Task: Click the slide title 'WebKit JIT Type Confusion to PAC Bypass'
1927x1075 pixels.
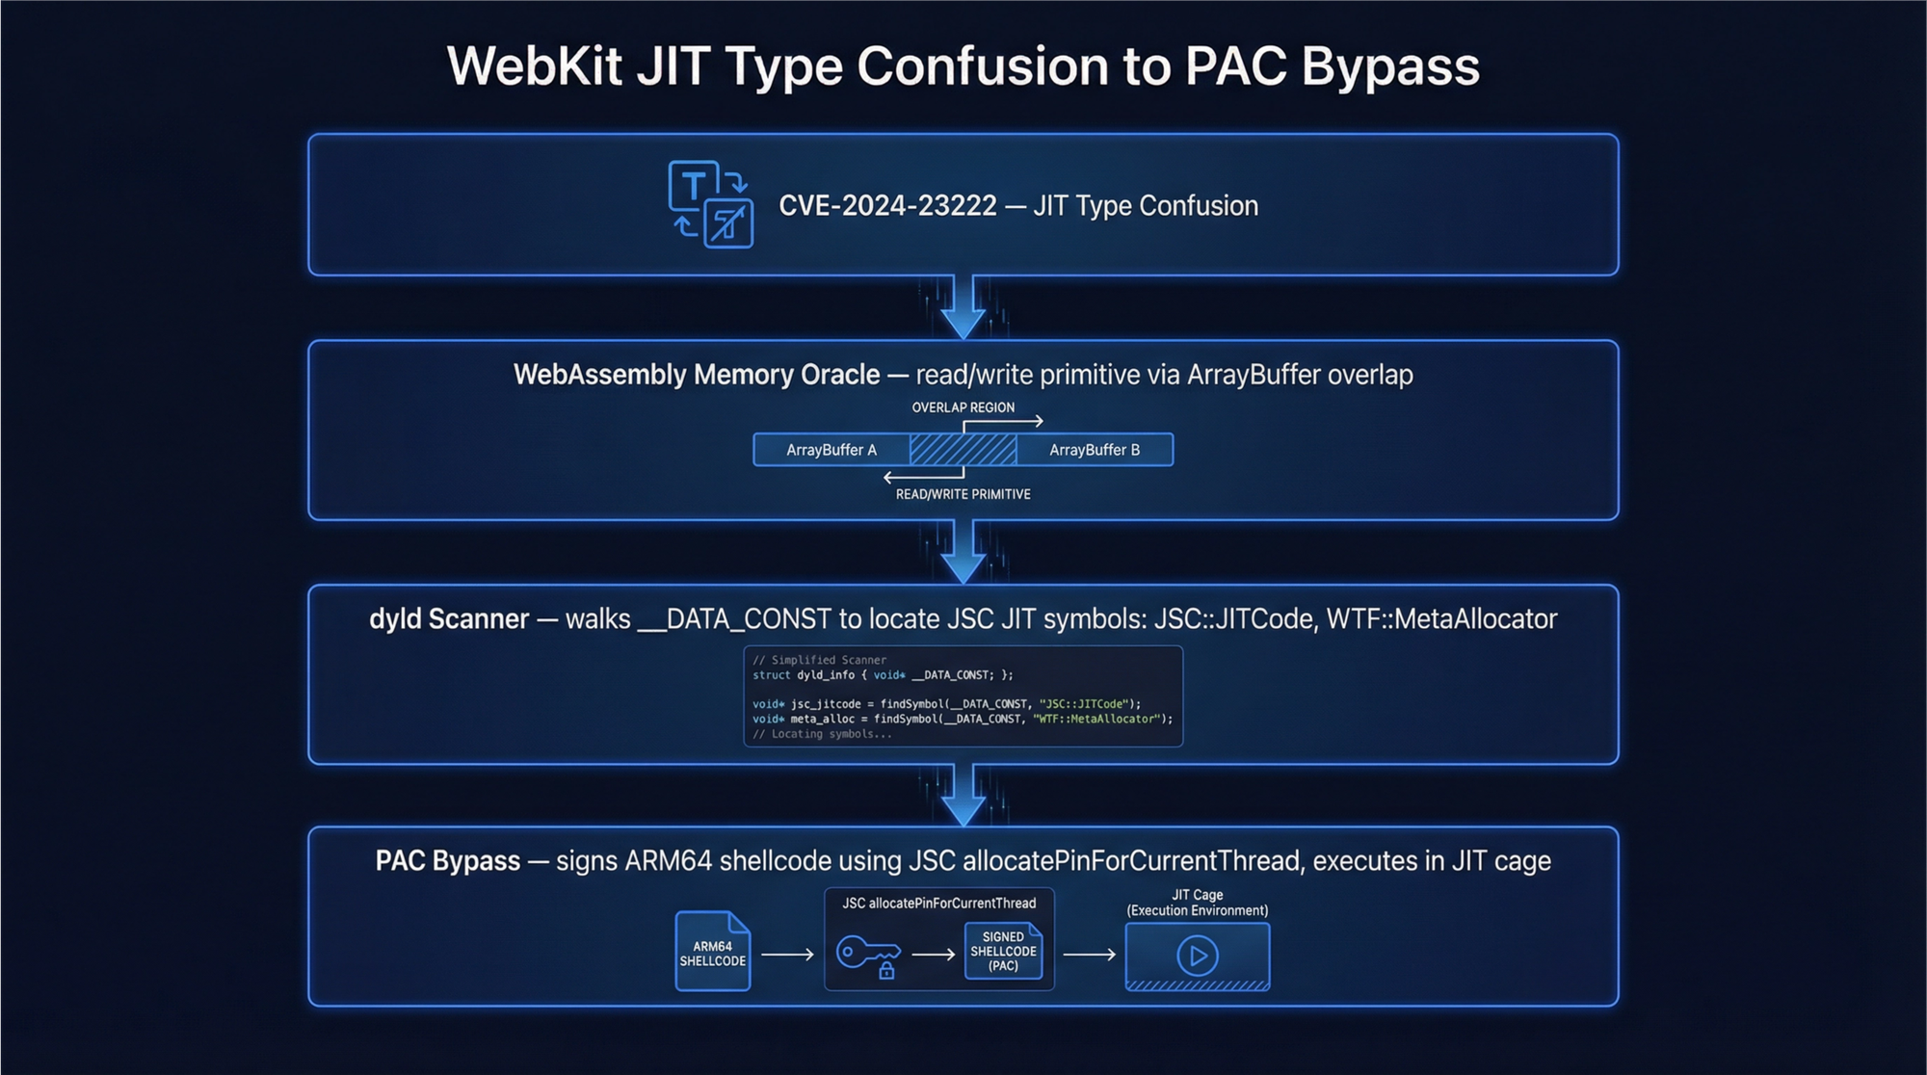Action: (x=963, y=66)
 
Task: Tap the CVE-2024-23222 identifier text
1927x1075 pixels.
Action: (x=887, y=206)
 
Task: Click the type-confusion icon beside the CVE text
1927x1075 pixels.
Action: (x=711, y=204)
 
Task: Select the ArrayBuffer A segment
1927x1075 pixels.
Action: (x=831, y=450)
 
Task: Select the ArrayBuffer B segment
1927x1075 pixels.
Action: (x=1095, y=450)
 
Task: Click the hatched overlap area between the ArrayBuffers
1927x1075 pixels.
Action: (x=963, y=450)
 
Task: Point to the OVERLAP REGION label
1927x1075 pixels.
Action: (x=963, y=407)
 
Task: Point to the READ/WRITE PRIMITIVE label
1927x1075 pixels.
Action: (x=963, y=494)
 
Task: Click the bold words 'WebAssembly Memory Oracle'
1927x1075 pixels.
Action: (x=696, y=375)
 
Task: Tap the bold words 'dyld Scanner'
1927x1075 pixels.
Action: (x=449, y=618)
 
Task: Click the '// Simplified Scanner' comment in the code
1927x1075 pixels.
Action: (x=819, y=660)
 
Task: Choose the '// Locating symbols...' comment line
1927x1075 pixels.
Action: (x=822, y=734)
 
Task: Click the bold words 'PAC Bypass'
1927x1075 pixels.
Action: (x=447, y=860)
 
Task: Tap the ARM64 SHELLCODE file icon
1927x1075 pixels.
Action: (x=713, y=952)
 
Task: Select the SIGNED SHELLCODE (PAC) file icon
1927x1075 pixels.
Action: (x=1003, y=951)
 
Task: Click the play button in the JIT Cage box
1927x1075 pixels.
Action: (x=1198, y=956)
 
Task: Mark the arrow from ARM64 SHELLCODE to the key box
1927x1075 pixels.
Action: (x=787, y=955)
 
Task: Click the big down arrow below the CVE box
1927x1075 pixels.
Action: (x=963, y=307)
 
